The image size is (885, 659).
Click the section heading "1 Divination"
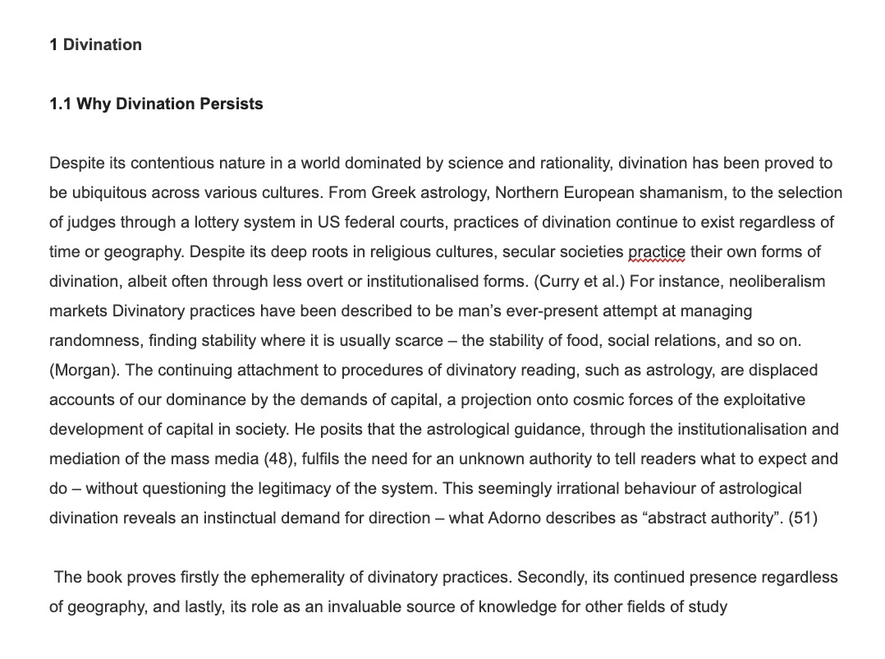pos(95,44)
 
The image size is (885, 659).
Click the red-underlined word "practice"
pos(656,251)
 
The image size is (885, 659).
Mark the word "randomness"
pos(94,340)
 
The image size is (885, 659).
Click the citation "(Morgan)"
pos(85,370)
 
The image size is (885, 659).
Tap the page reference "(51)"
pos(802,518)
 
